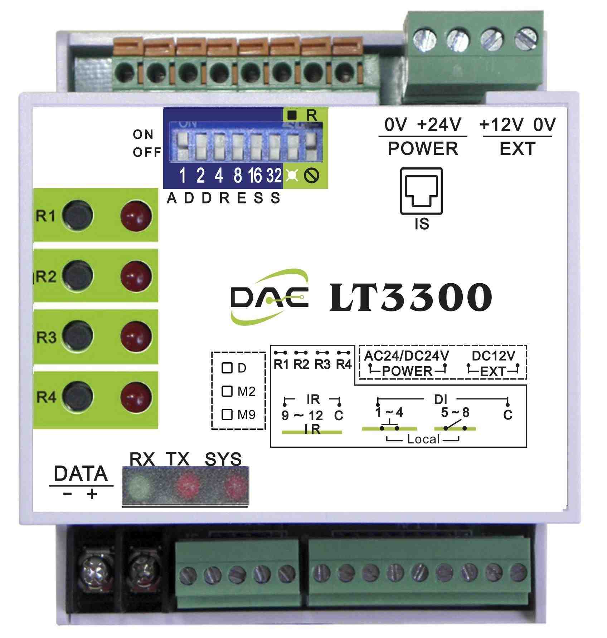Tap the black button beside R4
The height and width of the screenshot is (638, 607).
pos(78,397)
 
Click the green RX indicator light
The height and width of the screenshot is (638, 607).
pos(139,486)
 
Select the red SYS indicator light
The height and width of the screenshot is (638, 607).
pos(235,486)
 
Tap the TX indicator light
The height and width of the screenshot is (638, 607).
pos(189,485)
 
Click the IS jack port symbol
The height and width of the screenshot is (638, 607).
pos(422,191)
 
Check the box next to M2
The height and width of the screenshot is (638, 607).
pos(227,391)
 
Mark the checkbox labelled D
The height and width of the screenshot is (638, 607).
pos(227,368)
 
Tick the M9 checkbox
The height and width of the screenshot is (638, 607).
pos(227,414)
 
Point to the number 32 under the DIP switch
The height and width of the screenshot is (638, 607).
pos(274,176)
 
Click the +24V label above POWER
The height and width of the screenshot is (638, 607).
pos(440,125)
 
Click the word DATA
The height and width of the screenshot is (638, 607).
pos(81,473)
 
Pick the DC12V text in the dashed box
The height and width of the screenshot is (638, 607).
pos(494,356)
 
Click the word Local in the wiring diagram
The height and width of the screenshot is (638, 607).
pos(423,439)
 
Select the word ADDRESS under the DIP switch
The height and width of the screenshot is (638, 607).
pos(223,198)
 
